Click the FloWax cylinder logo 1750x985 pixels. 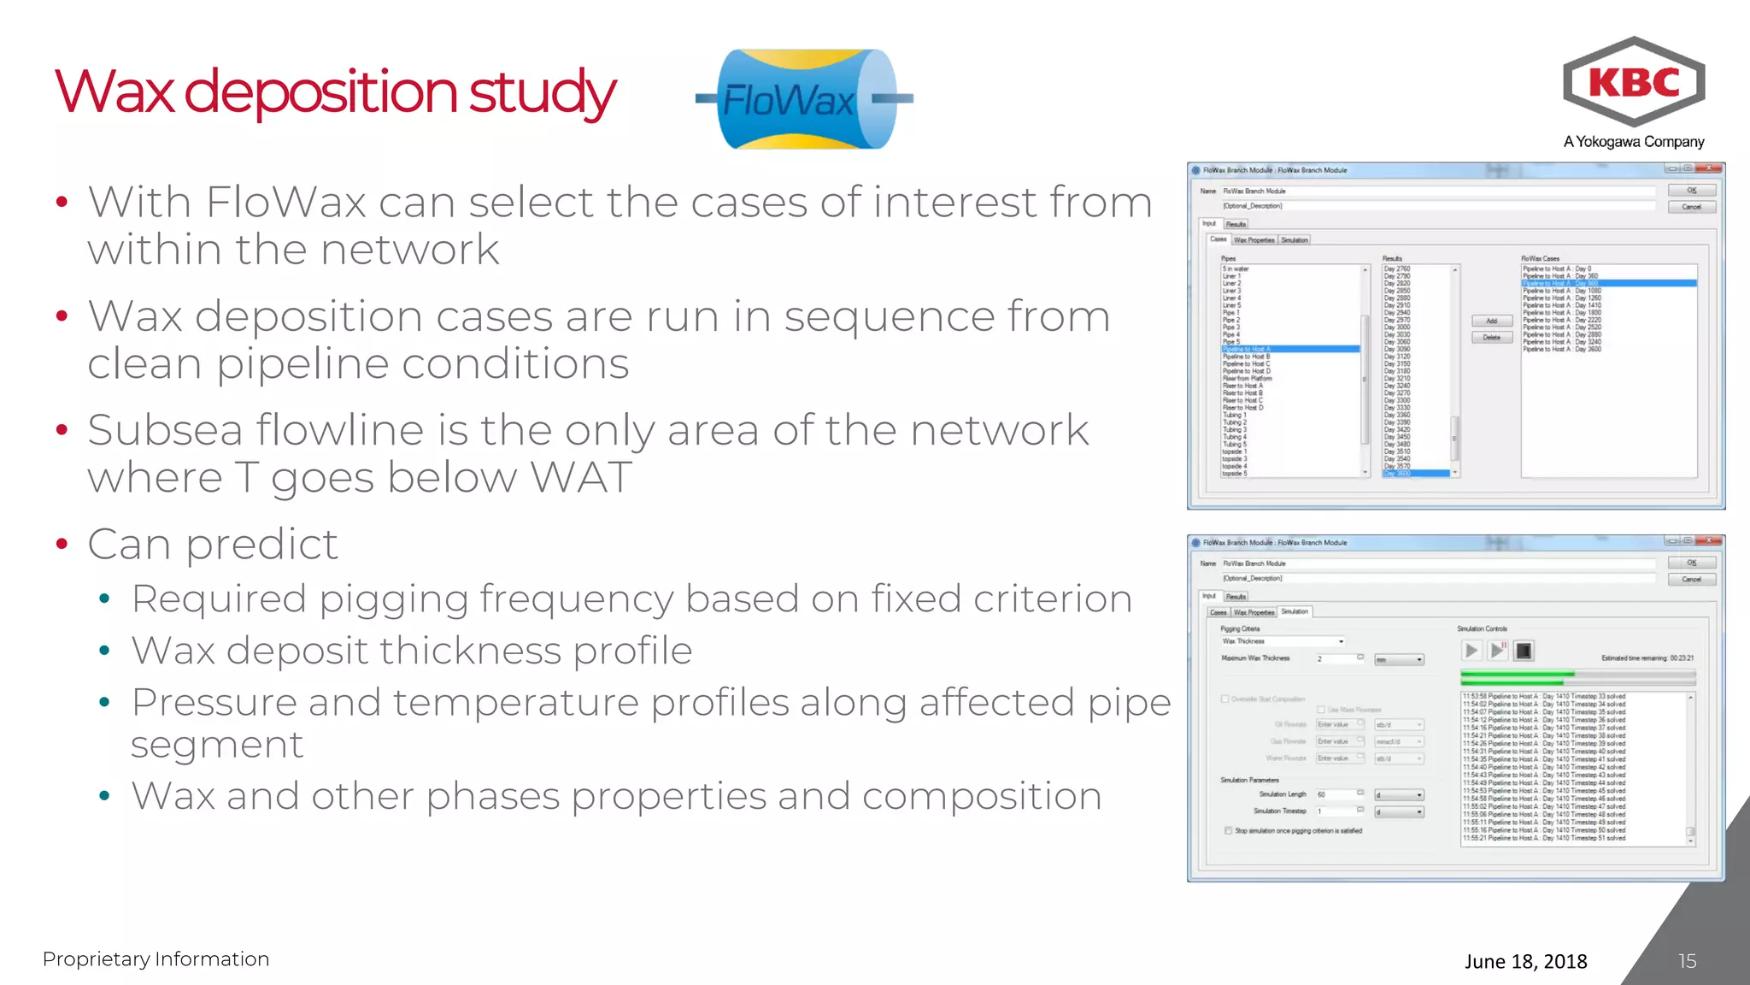point(803,99)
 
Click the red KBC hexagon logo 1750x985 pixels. point(1633,82)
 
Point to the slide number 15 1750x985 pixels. point(1687,961)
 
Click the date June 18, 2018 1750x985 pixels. point(1525,961)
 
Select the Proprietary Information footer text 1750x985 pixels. point(156,959)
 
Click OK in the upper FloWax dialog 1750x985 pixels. point(1691,191)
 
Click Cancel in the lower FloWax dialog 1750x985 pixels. point(1691,580)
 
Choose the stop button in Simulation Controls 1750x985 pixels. point(1523,651)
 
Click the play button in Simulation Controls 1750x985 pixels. point(1471,651)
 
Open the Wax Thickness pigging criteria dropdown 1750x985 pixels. point(1341,641)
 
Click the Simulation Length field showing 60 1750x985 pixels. point(1335,794)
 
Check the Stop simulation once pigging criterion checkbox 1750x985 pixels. point(1228,830)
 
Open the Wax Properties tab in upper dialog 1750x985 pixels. point(1254,240)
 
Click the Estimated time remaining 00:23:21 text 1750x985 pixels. point(1647,658)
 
